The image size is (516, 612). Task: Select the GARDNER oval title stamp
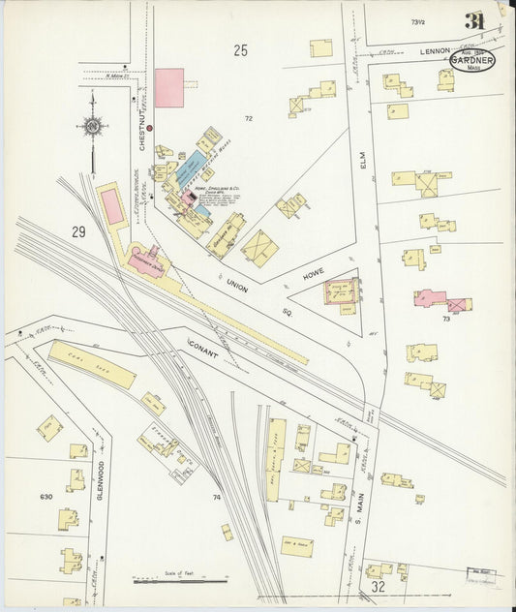[x=471, y=60]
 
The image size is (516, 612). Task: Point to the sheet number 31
[x=474, y=21]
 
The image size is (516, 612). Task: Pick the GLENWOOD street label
[x=101, y=477]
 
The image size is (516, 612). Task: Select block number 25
[x=240, y=50]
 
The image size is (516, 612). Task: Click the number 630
[x=46, y=497]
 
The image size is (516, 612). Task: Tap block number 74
[x=217, y=497]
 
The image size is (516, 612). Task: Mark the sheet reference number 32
[x=377, y=586]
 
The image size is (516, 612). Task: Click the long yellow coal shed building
[x=92, y=364]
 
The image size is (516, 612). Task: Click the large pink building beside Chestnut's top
[x=168, y=87]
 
